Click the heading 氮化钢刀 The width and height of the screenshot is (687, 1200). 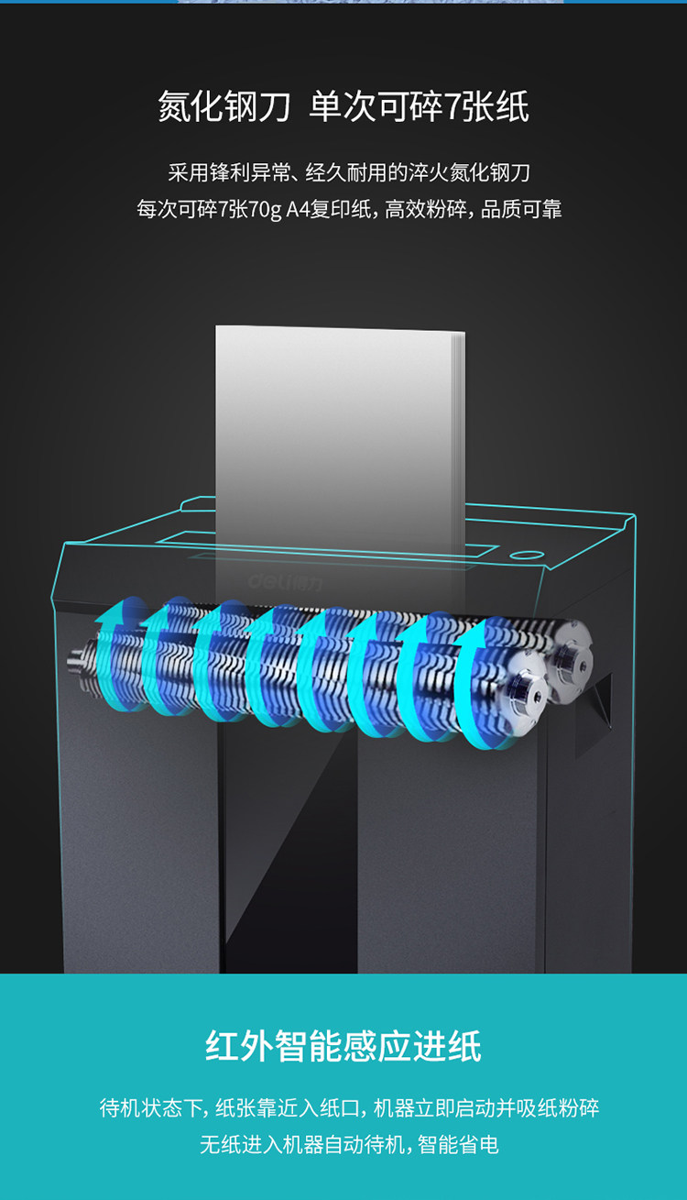pos(224,106)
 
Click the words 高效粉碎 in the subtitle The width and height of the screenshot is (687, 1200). pos(426,209)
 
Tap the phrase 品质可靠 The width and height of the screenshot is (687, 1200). pos(521,209)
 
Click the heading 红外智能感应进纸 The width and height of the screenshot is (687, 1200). pos(343,1046)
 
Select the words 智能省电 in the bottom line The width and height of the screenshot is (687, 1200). pos(458,1145)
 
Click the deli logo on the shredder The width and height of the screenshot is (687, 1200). pos(286,582)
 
